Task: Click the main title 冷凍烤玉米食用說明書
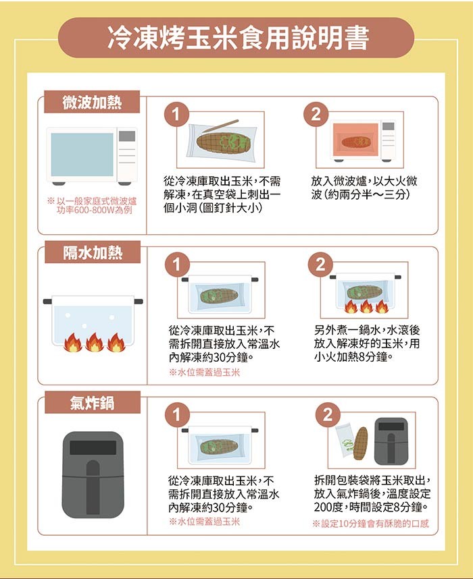[x=238, y=38]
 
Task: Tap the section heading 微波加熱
[x=92, y=103]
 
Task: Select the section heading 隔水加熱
[x=93, y=252]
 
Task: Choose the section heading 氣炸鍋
[x=92, y=402]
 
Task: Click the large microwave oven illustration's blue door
[x=82, y=155]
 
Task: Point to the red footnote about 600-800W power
[x=92, y=206]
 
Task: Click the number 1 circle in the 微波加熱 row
[x=176, y=114]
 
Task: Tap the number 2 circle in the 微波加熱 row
[x=316, y=114]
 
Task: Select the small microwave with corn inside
[x=363, y=140]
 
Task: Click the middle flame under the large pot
[x=95, y=342]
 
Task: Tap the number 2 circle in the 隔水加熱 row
[x=320, y=265]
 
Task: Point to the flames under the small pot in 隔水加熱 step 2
[x=366, y=306]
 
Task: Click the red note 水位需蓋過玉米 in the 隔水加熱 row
[x=205, y=373]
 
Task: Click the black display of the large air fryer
[x=93, y=448]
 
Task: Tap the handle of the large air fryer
[x=93, y=487]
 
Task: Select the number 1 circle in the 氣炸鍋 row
[x=177, y=414]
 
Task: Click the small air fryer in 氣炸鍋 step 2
[x=391, y=441]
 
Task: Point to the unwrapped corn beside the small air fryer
[x=361, y=443]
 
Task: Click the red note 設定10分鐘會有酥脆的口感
[x=370, y=524]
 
